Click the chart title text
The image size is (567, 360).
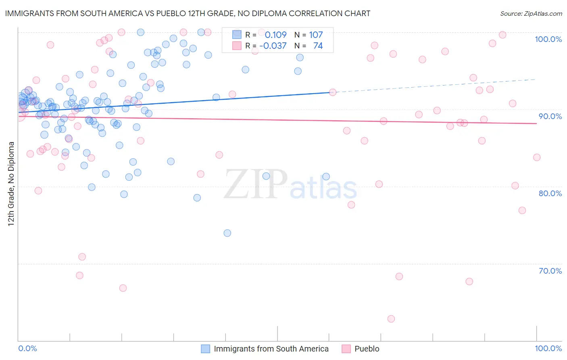coord(187,13)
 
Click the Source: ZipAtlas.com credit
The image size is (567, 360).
coord(531,13)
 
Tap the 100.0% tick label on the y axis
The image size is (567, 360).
coord(548,39)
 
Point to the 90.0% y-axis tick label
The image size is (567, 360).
coord(550,116)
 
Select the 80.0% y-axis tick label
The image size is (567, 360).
coord(550,193)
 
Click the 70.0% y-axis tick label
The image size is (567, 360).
coord(550,271)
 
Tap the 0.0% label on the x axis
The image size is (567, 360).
coord(27,348)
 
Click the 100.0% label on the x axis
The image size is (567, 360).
coord(548,348)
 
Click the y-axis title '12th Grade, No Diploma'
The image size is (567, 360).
coord(11,184)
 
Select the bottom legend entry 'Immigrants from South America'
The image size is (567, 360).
coord(271,349)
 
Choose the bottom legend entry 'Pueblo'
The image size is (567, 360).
coord(367,349)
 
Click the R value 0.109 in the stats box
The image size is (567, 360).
coord(275,35)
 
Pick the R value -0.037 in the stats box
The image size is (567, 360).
coord(273,46)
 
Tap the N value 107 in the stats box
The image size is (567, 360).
coord(316,35)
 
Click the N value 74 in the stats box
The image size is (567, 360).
coord(318,46)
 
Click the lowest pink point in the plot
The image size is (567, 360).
coord(391,319)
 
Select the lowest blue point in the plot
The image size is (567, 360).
coord(227,233)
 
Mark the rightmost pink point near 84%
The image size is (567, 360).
coord(537,157)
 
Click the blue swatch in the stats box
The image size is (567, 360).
coord(237,35)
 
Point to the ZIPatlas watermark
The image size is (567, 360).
coord(290,185)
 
